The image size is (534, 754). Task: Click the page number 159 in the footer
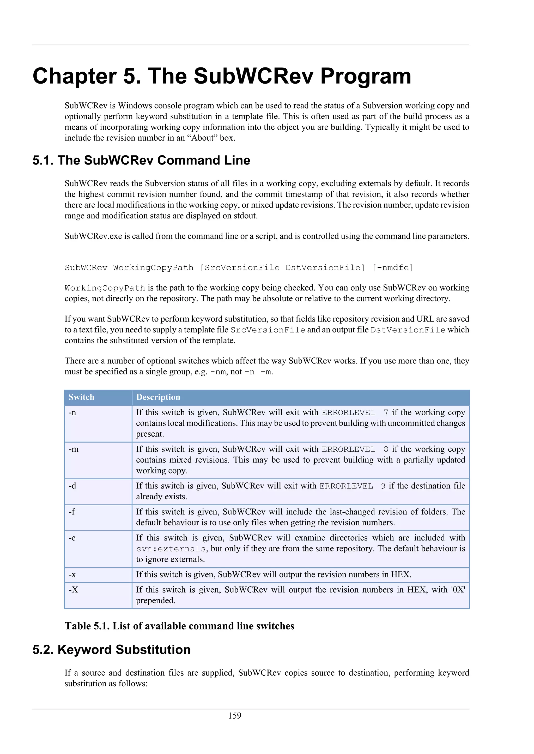pos(235,715)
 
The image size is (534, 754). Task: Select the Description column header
pos(158,397)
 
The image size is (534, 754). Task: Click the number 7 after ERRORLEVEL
pos(386,412)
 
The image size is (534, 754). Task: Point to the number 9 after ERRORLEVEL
pos(383,486)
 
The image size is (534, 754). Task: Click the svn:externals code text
pos(171,549)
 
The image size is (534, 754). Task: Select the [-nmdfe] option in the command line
pos(393,268)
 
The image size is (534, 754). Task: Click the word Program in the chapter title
pos(366,76)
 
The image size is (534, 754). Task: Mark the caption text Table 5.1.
pos(87,626)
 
